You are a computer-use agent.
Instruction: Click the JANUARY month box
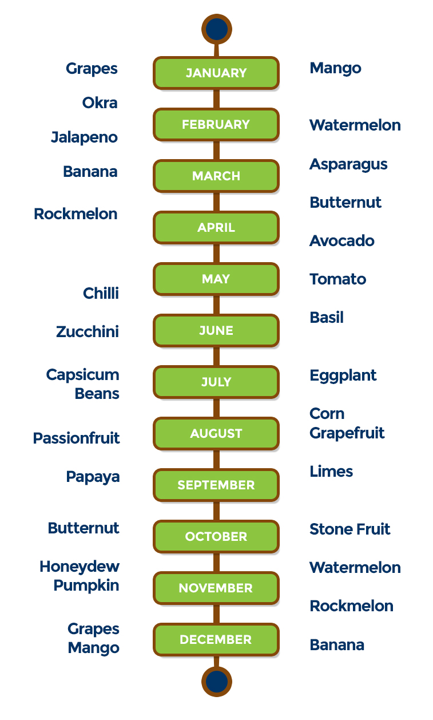[216, 73]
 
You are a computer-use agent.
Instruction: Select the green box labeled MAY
[216, 279]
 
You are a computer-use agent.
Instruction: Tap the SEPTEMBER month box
[216, 485]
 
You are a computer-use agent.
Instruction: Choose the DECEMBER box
[216, 640]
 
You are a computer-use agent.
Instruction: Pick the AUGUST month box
[216, 434]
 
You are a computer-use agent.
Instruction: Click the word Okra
[100, 103]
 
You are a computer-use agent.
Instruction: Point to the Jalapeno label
[85, 137]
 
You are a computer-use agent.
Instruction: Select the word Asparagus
[348, 165]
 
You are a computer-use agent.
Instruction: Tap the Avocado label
[342, 241]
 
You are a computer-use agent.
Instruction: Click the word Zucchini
[88, 332]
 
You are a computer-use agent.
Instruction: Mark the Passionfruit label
[77, 438]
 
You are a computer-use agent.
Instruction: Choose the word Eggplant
[343, 376]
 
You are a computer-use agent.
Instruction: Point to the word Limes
[331, 472]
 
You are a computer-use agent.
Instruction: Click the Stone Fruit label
[350, 529]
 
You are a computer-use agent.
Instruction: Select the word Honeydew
[80, 567]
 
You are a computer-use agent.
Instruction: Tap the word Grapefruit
[347, 433]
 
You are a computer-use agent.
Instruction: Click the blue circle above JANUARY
[217, 29]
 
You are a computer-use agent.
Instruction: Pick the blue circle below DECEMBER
[217, 682]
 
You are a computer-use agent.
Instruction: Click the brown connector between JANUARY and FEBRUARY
[216, 99]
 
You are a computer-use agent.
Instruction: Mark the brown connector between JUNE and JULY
[216, 357]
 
